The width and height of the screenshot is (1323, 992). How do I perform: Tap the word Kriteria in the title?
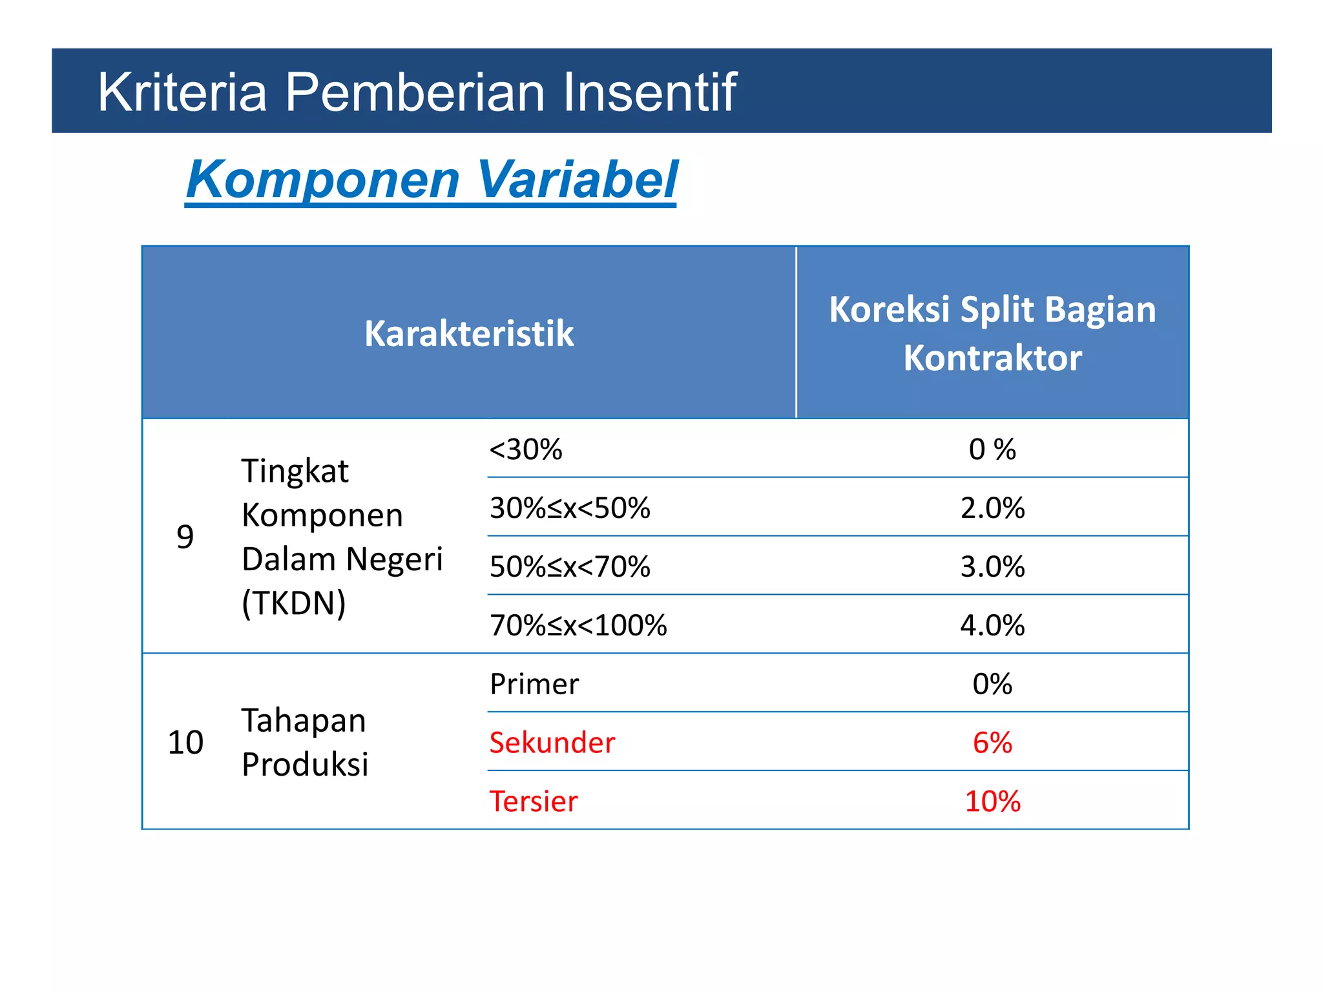tap(182, 92)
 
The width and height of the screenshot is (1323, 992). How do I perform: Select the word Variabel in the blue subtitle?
tap(577, 180)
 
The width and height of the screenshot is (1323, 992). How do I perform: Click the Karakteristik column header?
tap(469, 333)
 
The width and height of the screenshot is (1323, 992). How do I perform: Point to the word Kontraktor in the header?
tap(992, 358)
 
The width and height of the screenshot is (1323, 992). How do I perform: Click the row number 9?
tap(185, 537)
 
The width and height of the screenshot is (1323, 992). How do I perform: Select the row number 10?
tap(185, 742)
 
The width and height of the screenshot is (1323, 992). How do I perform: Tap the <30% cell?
tap(526, 449)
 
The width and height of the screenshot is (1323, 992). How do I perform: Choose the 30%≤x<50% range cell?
tap(570, 508)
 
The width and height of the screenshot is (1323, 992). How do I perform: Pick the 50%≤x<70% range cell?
tap(570, 567)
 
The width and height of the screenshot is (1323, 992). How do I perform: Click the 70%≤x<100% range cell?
tap(578, 625)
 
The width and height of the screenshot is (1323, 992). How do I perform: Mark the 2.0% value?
tap(992, 508)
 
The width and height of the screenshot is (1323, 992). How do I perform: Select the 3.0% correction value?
tap(992, 567)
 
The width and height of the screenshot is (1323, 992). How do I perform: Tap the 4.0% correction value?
tap(992, 625)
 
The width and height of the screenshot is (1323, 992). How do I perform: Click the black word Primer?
tap(534, 684)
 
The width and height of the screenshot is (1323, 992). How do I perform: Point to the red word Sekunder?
tap(552, 743)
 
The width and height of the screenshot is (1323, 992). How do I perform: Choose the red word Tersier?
tap(533, 801)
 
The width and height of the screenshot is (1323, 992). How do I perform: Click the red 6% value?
tap(992, 743)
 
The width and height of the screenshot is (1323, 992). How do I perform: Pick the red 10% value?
tap(992, 801)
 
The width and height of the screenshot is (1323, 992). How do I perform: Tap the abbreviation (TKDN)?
tap(293, 603)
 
